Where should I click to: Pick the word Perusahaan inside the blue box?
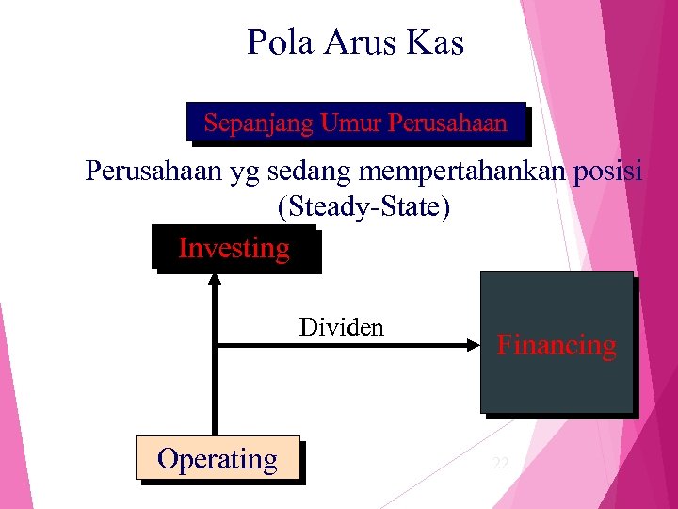(447, 123)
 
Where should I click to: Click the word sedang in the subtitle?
(303, 172)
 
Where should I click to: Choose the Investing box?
(234, 249)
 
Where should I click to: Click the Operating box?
(218, 459)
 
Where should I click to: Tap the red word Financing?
(557, 345)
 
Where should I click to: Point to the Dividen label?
(342, 327)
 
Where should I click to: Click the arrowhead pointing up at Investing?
(216, 278)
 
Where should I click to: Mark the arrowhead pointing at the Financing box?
(473, 346)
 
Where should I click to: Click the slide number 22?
(501, 463)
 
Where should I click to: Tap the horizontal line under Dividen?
(339, 346)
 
